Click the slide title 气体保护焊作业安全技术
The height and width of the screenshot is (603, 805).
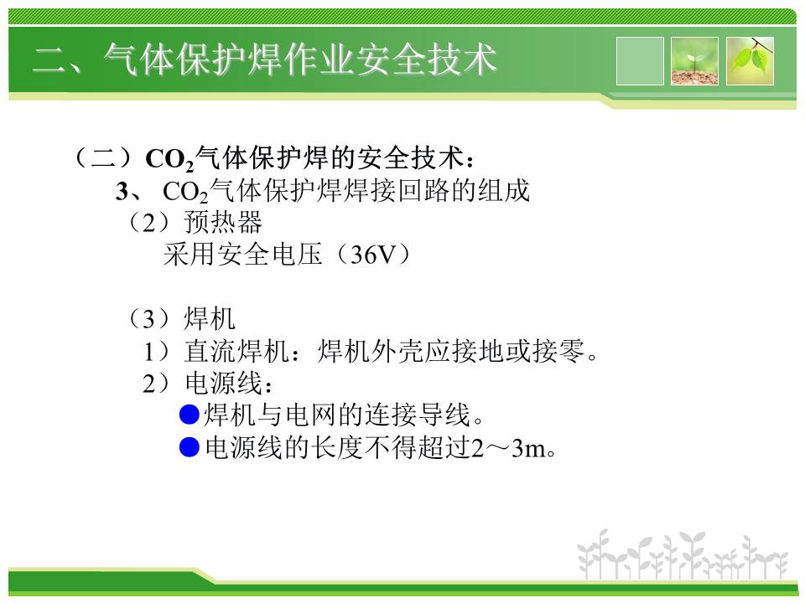[x=300, y=59]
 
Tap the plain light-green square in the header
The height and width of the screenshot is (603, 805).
[x=640, y=61]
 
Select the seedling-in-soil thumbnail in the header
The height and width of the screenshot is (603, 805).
[x=694, y=61]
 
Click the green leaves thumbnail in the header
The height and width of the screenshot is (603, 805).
[x=750, y=61]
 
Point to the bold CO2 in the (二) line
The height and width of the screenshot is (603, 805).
[x=170, y=159]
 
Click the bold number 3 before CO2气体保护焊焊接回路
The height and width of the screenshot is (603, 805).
[x=122, y=191]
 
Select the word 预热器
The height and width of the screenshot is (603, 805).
[x=223, y=223]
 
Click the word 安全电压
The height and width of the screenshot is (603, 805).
[x=243, y=255]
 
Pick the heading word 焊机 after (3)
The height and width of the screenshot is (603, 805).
[x=210, y=318]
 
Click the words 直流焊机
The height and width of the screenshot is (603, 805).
[x=236, y=351]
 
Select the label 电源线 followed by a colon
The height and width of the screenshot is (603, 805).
[x=223, y=383]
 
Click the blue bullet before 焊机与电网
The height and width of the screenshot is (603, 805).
[x=189, y=415]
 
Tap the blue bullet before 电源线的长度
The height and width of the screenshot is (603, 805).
[x=189, y=446]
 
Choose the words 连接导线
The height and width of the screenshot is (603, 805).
[x=418, y=415]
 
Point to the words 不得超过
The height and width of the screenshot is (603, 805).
[x=418, y=447]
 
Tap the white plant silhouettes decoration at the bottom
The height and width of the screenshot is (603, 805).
[x=682, y=556]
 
